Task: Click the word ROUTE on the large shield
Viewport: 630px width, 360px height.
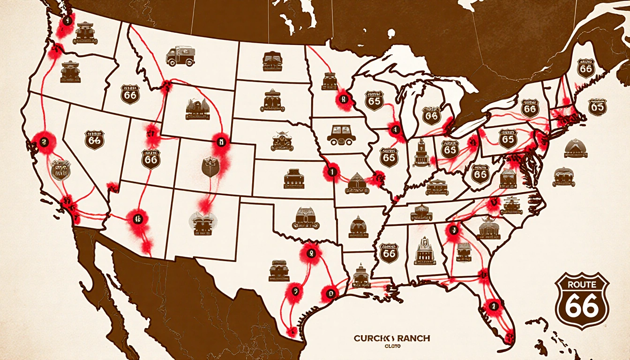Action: [x=582, y=284]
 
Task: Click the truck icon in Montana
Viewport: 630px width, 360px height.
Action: [x=180, y=57]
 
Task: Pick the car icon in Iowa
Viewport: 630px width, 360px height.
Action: [x=341, y=135]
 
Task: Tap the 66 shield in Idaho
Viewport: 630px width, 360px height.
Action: [x=130, y=94]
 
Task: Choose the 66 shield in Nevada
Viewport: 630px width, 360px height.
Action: [x=95, y=140]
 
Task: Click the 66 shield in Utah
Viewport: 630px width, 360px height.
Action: [x=151, y=159]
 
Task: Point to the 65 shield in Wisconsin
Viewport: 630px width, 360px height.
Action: [x=374, y=100]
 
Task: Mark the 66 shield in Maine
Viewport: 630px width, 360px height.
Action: [x=585, y=68]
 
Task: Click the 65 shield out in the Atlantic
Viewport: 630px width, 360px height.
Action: [x=597, y=107]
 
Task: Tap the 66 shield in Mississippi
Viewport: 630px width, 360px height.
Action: [x=389, y=253]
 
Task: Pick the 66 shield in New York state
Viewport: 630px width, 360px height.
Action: [x=529, y=108]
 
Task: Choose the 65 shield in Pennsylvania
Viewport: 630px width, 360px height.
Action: [x=508, y=139]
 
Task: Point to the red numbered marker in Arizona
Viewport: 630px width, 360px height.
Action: [x=137, y=217]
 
